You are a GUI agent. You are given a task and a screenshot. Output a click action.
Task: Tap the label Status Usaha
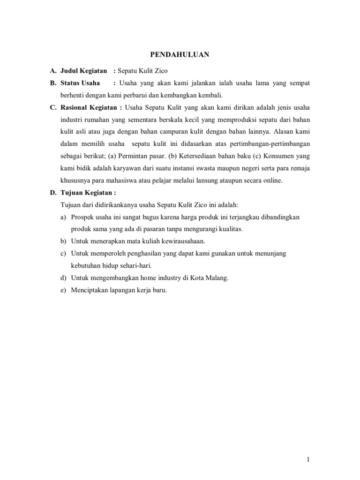80,83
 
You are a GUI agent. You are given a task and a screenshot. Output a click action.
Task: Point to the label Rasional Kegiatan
88,107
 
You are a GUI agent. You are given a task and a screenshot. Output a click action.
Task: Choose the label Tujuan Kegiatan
87,193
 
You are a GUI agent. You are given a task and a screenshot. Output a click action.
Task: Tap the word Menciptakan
89,290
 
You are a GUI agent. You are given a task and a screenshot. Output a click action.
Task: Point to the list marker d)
63,278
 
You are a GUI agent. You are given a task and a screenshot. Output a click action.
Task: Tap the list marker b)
63,241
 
